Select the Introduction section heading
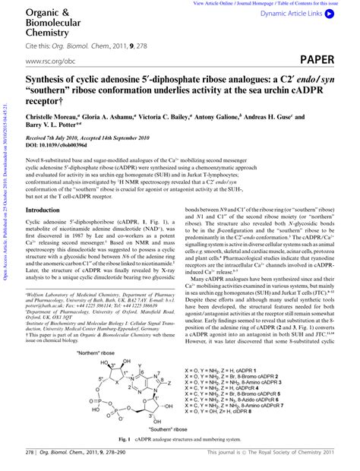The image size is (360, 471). click(x=48, y=210)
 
